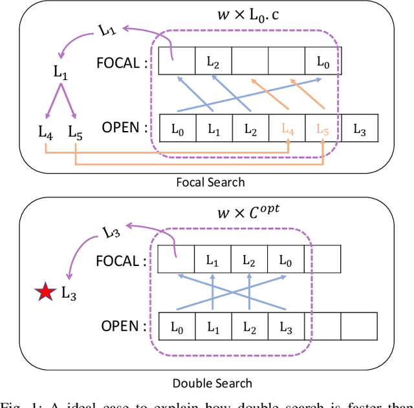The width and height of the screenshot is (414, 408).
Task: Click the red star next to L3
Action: (x=45, y=294)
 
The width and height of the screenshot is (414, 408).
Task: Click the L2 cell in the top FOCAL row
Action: (x=213, y=63)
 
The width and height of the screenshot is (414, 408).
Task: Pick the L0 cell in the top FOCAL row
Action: (x=322, y=63)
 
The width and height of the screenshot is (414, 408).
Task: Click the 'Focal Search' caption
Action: (x=210, y=182)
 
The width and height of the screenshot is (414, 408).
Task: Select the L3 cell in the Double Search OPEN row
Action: (x=285, y=327)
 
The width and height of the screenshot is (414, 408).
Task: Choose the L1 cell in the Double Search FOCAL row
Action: (x=213, y=260)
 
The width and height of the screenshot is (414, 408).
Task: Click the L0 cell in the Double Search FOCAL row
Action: (x=285, y=260)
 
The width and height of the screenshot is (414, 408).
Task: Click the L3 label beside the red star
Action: (x=69, y=294)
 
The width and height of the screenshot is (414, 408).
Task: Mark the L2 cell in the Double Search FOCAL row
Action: (x=249, y=260)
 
